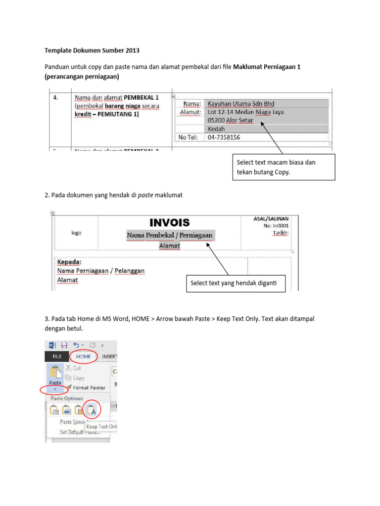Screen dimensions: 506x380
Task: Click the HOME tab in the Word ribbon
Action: pyautogui.click(x=84, y=356)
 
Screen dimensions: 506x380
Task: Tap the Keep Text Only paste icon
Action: pyautogui.click(x=92, y=409)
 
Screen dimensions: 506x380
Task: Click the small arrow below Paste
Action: pyautogui.click(x=55, y=390)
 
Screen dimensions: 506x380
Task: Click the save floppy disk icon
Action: pyautogui.click(x=64, y=345)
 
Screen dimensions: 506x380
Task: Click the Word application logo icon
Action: pyautogui.click(x=52, y=345)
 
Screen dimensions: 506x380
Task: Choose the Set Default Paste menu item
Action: pyautogui.click(x=80, y=431)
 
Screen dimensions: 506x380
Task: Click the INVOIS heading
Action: pyautogui.click(x=169, y=223)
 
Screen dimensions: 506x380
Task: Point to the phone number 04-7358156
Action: pyautogui.click(x=224, y=137)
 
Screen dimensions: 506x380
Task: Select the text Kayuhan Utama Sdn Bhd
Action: pyautogui.click(x=241, y=104)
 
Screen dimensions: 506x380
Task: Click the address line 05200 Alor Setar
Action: pyautogui.click(x=231, y=121)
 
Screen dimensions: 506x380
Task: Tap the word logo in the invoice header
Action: pyautogui.click(x=76, y=233)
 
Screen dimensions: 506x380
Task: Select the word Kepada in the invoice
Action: pyautogui.click(x=69, y=262)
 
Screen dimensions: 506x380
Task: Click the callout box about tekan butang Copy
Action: pyautogui.click(x=283, y=167)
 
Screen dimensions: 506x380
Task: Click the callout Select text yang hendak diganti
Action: pyautogui.click(x=236, y=283)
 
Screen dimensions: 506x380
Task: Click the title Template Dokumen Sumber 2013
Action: pyautogui.click(x=92, y=50)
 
